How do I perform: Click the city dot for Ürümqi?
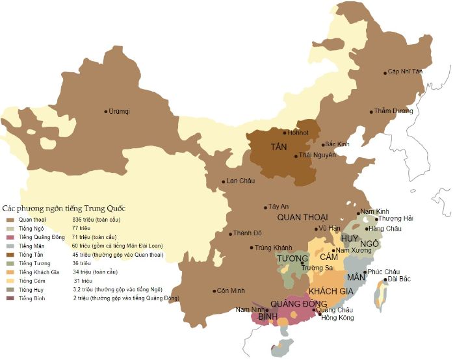point(107,112)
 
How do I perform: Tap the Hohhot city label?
point(298,133)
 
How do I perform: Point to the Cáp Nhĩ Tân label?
point(405,71)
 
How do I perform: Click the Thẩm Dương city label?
point(394,111)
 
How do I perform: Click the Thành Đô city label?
point(247,233)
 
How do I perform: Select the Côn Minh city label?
point(230,290)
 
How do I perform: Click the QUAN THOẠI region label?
point(302,217)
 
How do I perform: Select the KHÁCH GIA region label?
point(331,291)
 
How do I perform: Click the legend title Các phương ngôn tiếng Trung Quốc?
point(64,209)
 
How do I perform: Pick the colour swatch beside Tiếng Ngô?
point(9,229)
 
